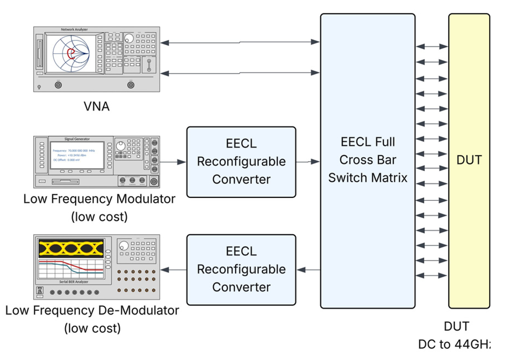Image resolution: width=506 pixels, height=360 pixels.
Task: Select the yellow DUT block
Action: pos(469,160)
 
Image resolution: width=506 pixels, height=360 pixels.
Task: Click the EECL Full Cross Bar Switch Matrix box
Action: pos(367,160)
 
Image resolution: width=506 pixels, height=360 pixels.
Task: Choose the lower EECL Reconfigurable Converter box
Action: pos(241,270)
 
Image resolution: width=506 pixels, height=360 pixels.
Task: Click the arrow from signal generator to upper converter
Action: pos(174,162)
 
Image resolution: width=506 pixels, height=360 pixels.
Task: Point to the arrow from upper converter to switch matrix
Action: pos(308,162)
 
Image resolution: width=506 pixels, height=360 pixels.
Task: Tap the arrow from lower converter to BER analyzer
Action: pos(174,270)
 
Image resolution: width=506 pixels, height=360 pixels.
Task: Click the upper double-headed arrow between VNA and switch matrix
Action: pos(241,43)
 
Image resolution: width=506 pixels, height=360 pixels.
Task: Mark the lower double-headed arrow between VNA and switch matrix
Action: pos(241,73)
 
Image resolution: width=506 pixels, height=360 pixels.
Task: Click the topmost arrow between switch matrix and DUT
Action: pos(432,47)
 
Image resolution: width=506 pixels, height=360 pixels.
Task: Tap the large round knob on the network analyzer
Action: pos(129,38)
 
